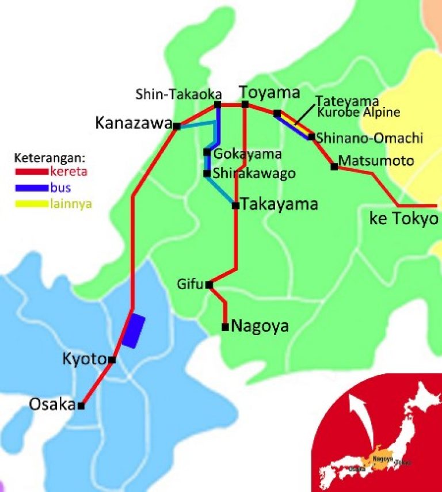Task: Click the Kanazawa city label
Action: click(x=134, y=123)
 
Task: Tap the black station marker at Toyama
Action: click(x=245, y=104)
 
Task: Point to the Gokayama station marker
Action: click(x=207, y=152)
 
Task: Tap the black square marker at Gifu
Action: click(x=209, y=284)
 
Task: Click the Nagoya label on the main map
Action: click(x=260, y=326)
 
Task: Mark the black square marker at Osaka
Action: click(x=81, y=406)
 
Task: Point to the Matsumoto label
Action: click(x=376, y=161)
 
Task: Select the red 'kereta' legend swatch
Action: click(x=31, y=171)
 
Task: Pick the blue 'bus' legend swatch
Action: click(x=31, y=187)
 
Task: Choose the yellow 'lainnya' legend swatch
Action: click(x=31, y=203)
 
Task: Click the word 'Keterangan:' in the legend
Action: click(x=49, y=157)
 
